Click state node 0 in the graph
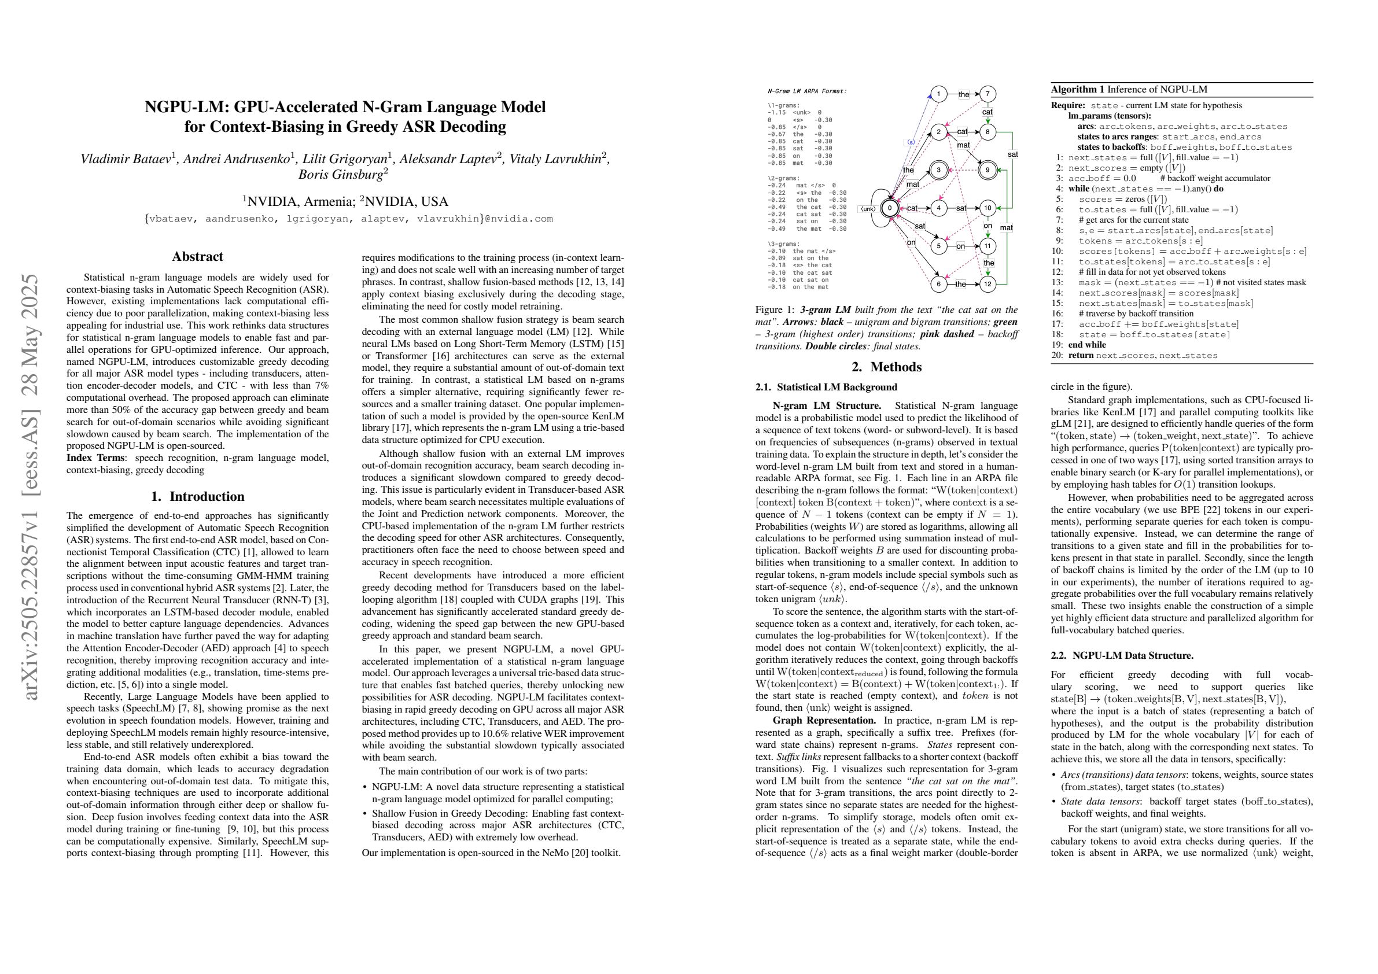(890, 208)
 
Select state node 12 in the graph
(988, 284)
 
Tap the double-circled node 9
(988, 171)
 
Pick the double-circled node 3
(939, 171)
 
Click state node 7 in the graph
(988, 94)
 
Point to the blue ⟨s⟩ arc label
(911, 142)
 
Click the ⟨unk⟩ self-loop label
(868, 209)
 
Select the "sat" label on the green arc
(1013, 154)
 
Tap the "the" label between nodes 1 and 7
(964, 94)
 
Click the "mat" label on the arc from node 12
(1007, 227)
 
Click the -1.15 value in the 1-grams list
(776, 112)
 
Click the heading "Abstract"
(197, 257)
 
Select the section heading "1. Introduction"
(197, 496)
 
